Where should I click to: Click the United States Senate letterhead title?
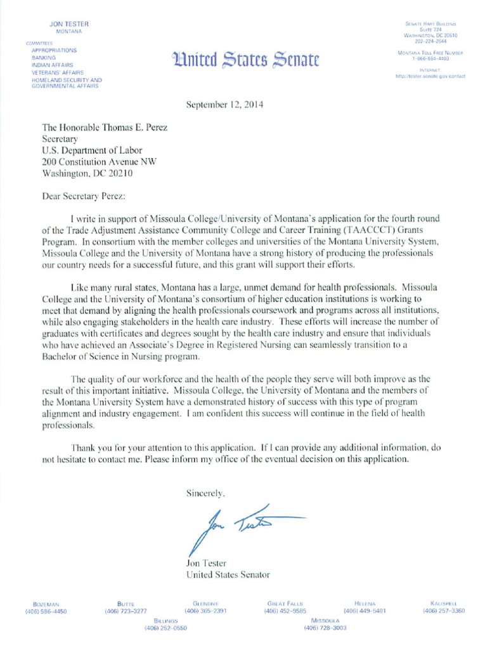tap(245, 60)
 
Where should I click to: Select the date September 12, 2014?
tap(226, 105)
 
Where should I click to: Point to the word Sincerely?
tap(205, 492)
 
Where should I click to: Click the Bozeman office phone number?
tap(46, 611)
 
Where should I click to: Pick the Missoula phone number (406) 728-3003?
tap(326, 628)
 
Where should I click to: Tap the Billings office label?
tap(166, 620)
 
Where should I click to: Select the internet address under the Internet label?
tap(430, 76)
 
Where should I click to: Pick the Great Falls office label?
tap(285, 603)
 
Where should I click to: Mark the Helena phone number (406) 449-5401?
tap(365, 611)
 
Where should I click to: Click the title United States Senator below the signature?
tap(228, 574)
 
